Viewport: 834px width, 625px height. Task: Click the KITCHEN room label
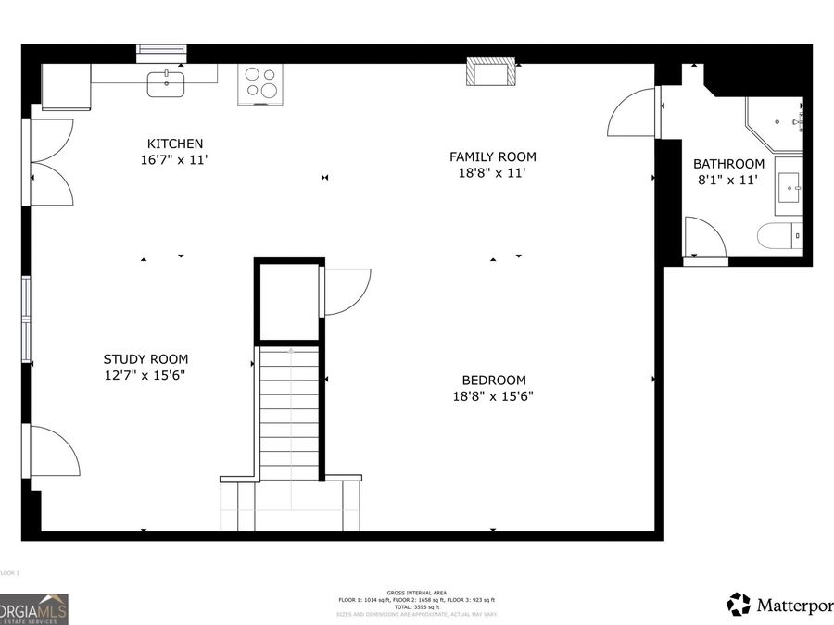175,144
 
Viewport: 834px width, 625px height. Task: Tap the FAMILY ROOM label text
492,156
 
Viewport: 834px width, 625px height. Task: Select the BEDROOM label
494,380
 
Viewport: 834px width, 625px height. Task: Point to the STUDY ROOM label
145,359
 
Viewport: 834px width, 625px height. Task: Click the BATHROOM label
728,164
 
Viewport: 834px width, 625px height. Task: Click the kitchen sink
166,84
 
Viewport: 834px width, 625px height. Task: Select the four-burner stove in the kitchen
260,83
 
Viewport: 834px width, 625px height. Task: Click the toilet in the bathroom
777,236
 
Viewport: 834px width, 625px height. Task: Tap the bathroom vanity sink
790,186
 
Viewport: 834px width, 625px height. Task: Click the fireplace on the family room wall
490,73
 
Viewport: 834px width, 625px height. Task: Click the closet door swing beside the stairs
346,290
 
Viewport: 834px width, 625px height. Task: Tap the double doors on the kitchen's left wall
51,162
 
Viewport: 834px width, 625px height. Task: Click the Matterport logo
778,606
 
